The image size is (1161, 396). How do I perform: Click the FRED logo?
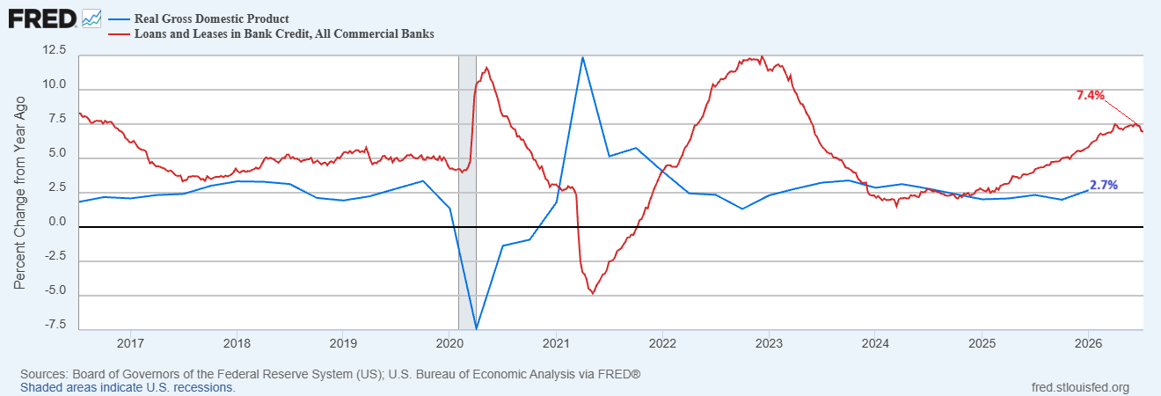coord(42,19)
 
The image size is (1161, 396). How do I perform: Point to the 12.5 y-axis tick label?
coord(55,50)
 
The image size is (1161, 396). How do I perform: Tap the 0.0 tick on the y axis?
coord(57,222)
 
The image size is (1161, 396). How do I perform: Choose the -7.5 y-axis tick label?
coord(55,325)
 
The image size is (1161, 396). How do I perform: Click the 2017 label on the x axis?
coord(130,343)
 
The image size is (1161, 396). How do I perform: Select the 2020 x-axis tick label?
coord(449,343)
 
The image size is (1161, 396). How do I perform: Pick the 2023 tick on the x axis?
coord(769,343)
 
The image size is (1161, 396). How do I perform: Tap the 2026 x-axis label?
coord(1088,343)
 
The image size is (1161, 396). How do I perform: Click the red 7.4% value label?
coord(1091,95)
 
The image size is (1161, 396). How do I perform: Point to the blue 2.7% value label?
coord(1104,185)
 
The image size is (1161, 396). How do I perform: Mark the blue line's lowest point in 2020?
coord(477,328)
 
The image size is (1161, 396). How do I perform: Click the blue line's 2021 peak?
coord(582,57)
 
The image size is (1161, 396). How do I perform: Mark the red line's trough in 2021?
coord(593,294)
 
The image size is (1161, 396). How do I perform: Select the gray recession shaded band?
coord(467,193)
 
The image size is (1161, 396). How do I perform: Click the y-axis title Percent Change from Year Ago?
coord(19,193)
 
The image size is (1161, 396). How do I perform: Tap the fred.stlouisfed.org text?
coord(1080,388)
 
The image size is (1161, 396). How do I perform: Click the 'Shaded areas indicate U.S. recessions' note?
coord(128,388)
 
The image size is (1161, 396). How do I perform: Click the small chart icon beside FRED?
coord(91,19)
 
